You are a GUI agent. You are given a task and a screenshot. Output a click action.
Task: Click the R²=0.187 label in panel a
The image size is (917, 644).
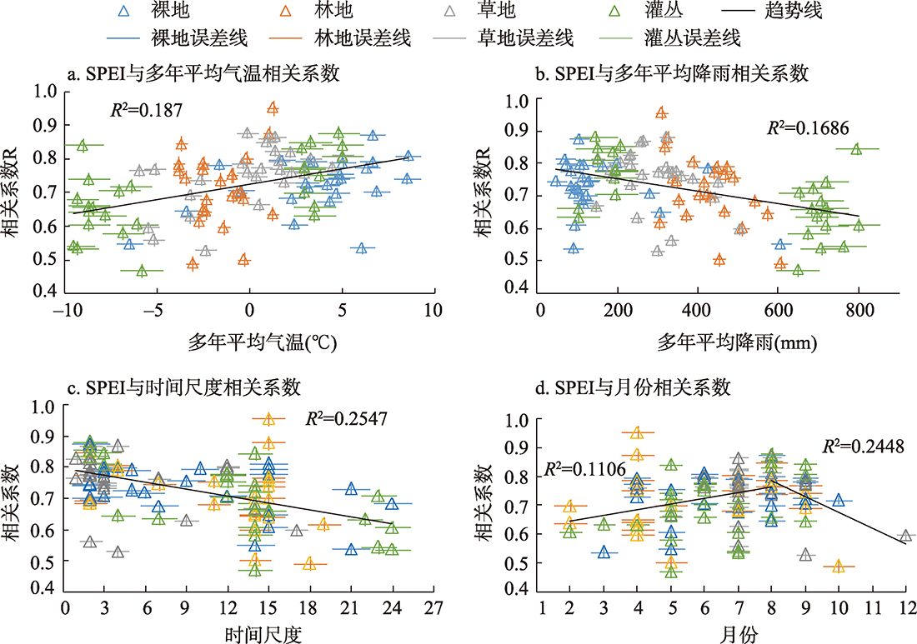point(147,108)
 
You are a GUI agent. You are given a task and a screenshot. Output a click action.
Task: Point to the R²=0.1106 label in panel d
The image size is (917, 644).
point(581,469)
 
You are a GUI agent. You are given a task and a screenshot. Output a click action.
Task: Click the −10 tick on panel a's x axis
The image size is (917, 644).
point(65,310)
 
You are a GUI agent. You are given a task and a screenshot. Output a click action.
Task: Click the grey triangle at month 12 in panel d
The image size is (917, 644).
point(906,536)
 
